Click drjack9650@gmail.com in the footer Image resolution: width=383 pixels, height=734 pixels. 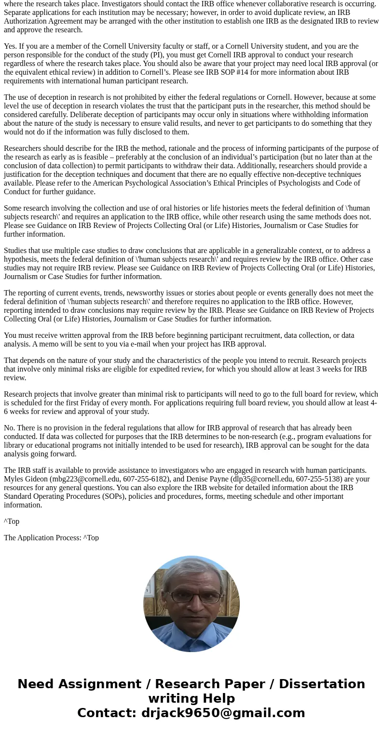pyautogui.click(x=223, y=713)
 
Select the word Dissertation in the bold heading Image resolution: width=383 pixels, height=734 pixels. pyautogui.click(x=322, y=684)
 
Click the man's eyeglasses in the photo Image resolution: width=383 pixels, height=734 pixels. pyautogui.click(x=191, y=597)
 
